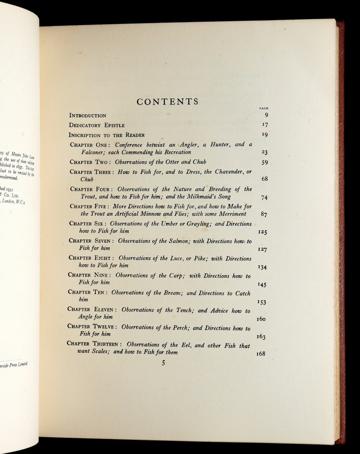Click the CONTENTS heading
[x=167, y=102]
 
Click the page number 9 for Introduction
[x=265, y=115]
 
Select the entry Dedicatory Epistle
[x=96, y=125]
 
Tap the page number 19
[x=265, y=134]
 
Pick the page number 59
[x=265, y=163]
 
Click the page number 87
[x=264, y=214]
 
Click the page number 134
[x=262, y=267]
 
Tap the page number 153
[x=262, y=302]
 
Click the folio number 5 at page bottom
[x=164, y=363]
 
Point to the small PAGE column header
[x=264, y=109]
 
